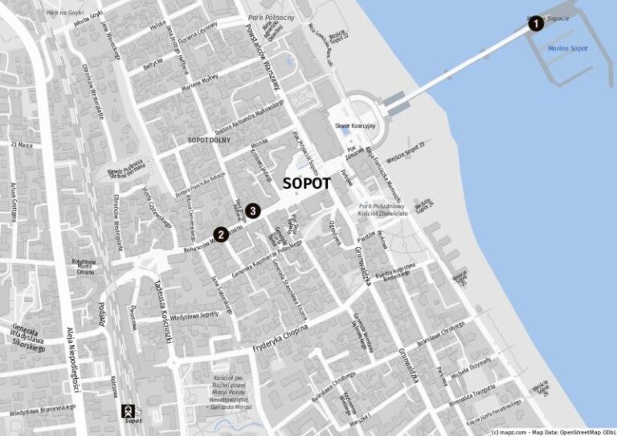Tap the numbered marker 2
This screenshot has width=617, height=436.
219,235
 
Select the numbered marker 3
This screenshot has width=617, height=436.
253,211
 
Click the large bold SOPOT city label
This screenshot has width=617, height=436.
307,183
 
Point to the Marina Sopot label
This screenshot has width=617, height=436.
567,48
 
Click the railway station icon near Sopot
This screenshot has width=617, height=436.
127,411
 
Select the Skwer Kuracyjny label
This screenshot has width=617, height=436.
353,127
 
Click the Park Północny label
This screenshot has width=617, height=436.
272,17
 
